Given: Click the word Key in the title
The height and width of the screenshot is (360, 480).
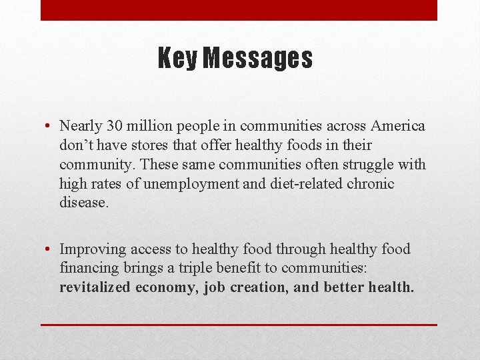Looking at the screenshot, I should point(177,59).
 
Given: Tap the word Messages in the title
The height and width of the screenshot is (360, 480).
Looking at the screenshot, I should point(257,59).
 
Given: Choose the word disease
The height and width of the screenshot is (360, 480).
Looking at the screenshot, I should point(83,203).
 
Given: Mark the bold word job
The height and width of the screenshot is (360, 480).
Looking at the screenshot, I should point(214,287).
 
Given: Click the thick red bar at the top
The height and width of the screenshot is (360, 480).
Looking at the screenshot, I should point(239,10).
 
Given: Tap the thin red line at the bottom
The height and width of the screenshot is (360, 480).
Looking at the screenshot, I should point(239,325).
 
